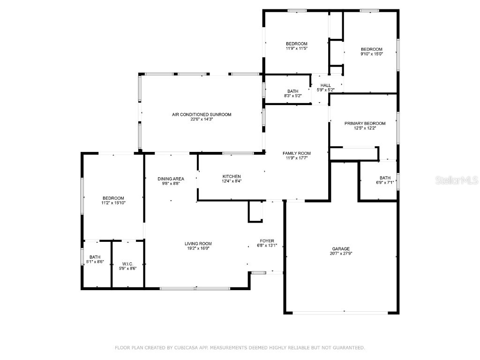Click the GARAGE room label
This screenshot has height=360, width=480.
pos(341,249)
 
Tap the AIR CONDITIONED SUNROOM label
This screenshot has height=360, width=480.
pos(202,114)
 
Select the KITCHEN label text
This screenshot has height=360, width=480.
pos(232,176)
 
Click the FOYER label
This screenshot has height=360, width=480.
pos(267,240)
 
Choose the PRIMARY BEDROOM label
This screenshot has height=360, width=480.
pos(365,123)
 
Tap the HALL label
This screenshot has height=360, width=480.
pos(325,85)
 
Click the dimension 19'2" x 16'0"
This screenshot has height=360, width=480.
pos(198,248)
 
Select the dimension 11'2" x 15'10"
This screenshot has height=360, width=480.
pos(113,203)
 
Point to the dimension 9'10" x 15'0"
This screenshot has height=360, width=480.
pos(371,54)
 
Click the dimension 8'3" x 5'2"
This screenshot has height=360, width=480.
pos(292,96)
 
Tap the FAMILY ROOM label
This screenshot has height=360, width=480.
pos(296,153)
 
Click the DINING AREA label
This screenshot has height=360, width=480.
pos(171,179)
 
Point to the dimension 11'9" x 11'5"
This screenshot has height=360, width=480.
pos(296,48)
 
